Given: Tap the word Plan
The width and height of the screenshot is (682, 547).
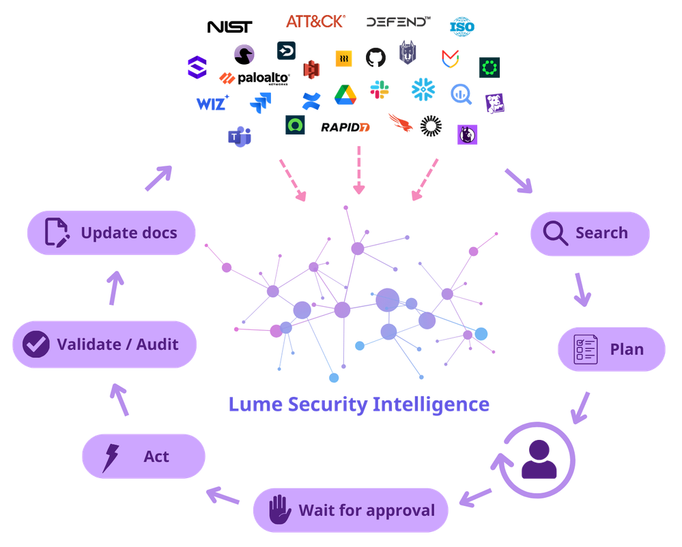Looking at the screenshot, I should (627, 349).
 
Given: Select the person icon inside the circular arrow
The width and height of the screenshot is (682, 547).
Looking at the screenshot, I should (539, 459).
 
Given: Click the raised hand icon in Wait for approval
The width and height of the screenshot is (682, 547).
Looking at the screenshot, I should (279, 510).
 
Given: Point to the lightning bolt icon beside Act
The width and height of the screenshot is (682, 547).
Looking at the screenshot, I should (109, 457).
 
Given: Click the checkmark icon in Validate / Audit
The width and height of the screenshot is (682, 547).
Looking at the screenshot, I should (35, 344).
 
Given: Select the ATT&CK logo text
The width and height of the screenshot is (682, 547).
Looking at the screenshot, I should (315, 22).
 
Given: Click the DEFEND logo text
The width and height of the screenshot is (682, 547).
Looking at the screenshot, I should (397, 22).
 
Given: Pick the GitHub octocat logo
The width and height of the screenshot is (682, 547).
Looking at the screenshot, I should (375, 57).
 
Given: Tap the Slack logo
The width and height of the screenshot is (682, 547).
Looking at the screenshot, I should (380, 90).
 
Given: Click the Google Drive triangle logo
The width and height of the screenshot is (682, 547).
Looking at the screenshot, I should (345, 95).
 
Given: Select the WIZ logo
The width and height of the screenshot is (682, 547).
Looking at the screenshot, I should (212, 104).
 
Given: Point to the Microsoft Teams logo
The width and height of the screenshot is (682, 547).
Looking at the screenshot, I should (239, 136).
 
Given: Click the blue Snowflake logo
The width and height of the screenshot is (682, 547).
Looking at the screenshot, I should (423, 89).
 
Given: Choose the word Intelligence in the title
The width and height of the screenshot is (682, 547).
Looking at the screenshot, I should (431, 404).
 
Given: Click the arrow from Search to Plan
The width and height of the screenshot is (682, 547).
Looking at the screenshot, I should (582, 290).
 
